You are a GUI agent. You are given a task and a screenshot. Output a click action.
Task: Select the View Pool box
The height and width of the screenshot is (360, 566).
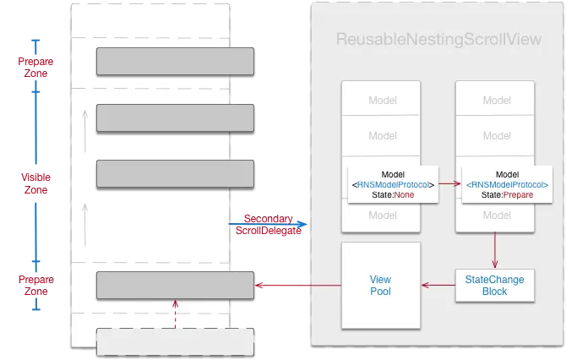(380, 285)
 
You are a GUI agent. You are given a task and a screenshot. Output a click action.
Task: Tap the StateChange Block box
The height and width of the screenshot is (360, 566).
(495, 285)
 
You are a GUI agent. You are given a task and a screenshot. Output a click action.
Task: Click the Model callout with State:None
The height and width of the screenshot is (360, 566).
(393, 179)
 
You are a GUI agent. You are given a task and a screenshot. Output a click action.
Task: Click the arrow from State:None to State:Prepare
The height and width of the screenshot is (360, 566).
(450, 183)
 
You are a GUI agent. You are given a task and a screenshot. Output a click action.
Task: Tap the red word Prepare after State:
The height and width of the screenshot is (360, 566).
(519, 195)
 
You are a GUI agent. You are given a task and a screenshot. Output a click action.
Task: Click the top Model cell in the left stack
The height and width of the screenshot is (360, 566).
(382, 101)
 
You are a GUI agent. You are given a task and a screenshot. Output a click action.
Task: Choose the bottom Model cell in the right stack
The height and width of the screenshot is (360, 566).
(496, 215)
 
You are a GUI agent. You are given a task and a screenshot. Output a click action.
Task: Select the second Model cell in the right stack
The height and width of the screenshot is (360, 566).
(496, 135)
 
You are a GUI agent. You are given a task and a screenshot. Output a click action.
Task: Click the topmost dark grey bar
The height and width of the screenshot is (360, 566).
(176, 62)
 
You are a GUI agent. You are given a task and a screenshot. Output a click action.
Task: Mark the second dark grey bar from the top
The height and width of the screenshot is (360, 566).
(176, 117)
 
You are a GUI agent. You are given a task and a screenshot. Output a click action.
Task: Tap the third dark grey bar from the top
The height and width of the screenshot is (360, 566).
(176, 173)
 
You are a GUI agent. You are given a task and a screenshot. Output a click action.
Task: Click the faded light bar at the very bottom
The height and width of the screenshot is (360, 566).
(176, 341)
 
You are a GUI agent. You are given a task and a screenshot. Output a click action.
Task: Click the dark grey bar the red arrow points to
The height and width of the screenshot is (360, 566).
(176, 285)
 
